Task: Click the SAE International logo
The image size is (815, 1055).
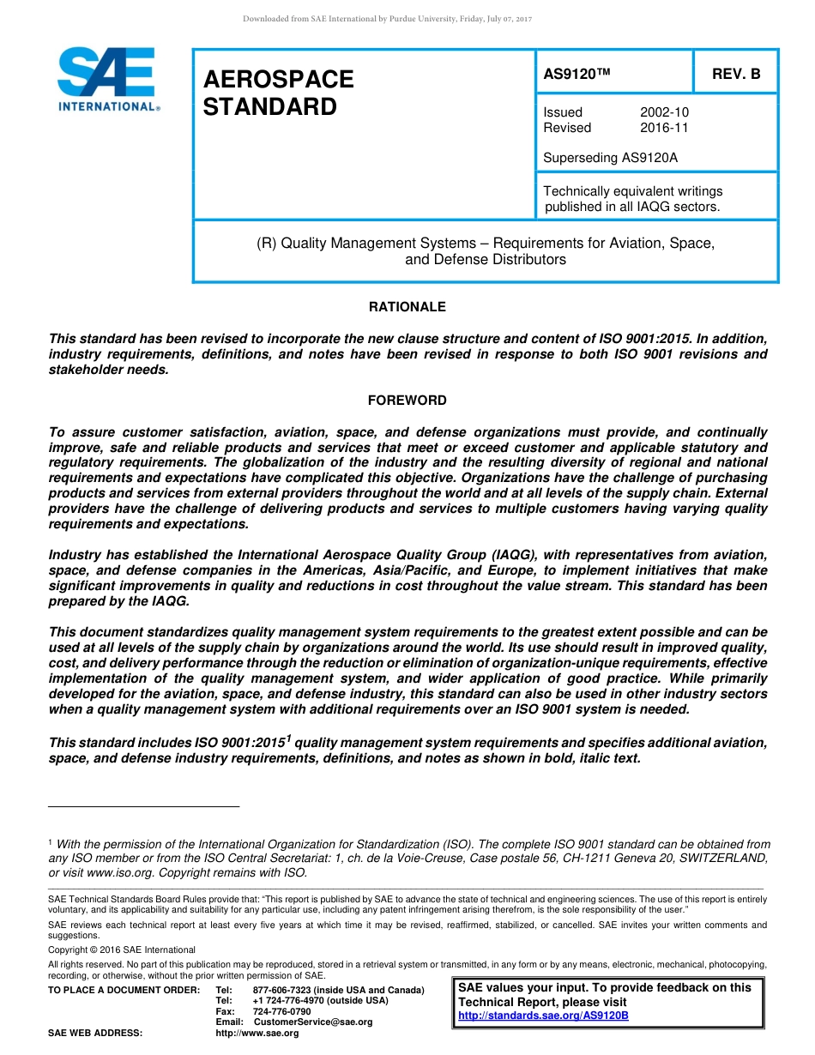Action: tap(107, 79)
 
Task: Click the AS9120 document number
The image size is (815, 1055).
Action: tap(576, 75)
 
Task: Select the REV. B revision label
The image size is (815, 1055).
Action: tap(736, 75)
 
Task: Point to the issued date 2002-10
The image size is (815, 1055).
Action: tap(664, 112)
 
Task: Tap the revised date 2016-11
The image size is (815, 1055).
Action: tap(664, 128)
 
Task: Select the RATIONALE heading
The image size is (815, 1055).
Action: tap(407, 307)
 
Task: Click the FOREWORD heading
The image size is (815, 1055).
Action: tap(407, 401)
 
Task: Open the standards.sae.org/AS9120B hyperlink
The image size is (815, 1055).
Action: tap(543, 1016)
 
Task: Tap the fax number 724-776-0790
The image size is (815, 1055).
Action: tap(281, 1011)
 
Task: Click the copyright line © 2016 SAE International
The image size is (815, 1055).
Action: tap(122, 949)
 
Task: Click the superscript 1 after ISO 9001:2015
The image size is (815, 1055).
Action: tap(288, 738)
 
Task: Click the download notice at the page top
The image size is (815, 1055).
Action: tap(388, 19)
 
